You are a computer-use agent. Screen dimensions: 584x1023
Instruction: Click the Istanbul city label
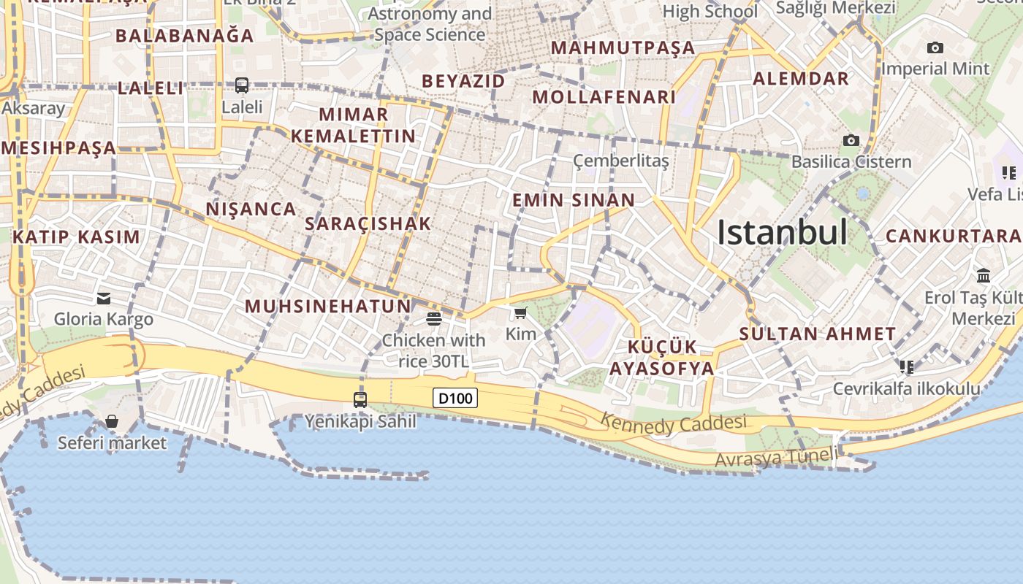coord(782,232)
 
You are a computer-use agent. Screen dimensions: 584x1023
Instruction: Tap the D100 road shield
coord(455,398)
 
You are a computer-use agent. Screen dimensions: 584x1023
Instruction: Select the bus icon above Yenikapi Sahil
coord(360,399)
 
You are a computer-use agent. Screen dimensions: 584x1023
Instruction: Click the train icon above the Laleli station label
coord(242,85)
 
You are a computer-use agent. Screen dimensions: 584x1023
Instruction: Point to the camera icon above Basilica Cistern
coord(851,140)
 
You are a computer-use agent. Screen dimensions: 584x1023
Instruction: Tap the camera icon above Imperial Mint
coord(935,48)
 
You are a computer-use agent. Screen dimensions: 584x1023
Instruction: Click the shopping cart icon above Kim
coord(520,313)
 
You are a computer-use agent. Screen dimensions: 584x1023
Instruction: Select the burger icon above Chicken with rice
coord(434,318)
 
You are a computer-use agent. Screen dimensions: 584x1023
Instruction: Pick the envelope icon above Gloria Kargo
coord(104,298)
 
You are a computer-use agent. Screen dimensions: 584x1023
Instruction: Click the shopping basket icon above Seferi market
coord(112,421)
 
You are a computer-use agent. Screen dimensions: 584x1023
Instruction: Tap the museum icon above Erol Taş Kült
coord(984,276)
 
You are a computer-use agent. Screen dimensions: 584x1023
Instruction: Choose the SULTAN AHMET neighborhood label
coord(817,334)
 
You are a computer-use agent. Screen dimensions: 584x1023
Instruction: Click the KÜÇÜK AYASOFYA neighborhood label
coord(662,357)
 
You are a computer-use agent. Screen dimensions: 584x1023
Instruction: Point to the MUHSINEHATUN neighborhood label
coord(328,306)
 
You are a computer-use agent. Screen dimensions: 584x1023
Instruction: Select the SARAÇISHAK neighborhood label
coord(368,223)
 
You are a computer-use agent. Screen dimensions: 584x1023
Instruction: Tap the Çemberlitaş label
coord(620,161)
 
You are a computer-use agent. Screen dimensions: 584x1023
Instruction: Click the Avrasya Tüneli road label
coord(776,458)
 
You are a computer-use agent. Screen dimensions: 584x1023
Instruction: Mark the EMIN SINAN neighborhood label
coord(574,200)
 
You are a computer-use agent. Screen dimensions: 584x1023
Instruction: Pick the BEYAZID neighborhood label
coord(463,81)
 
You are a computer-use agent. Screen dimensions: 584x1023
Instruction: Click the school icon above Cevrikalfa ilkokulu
coord(907,366)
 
